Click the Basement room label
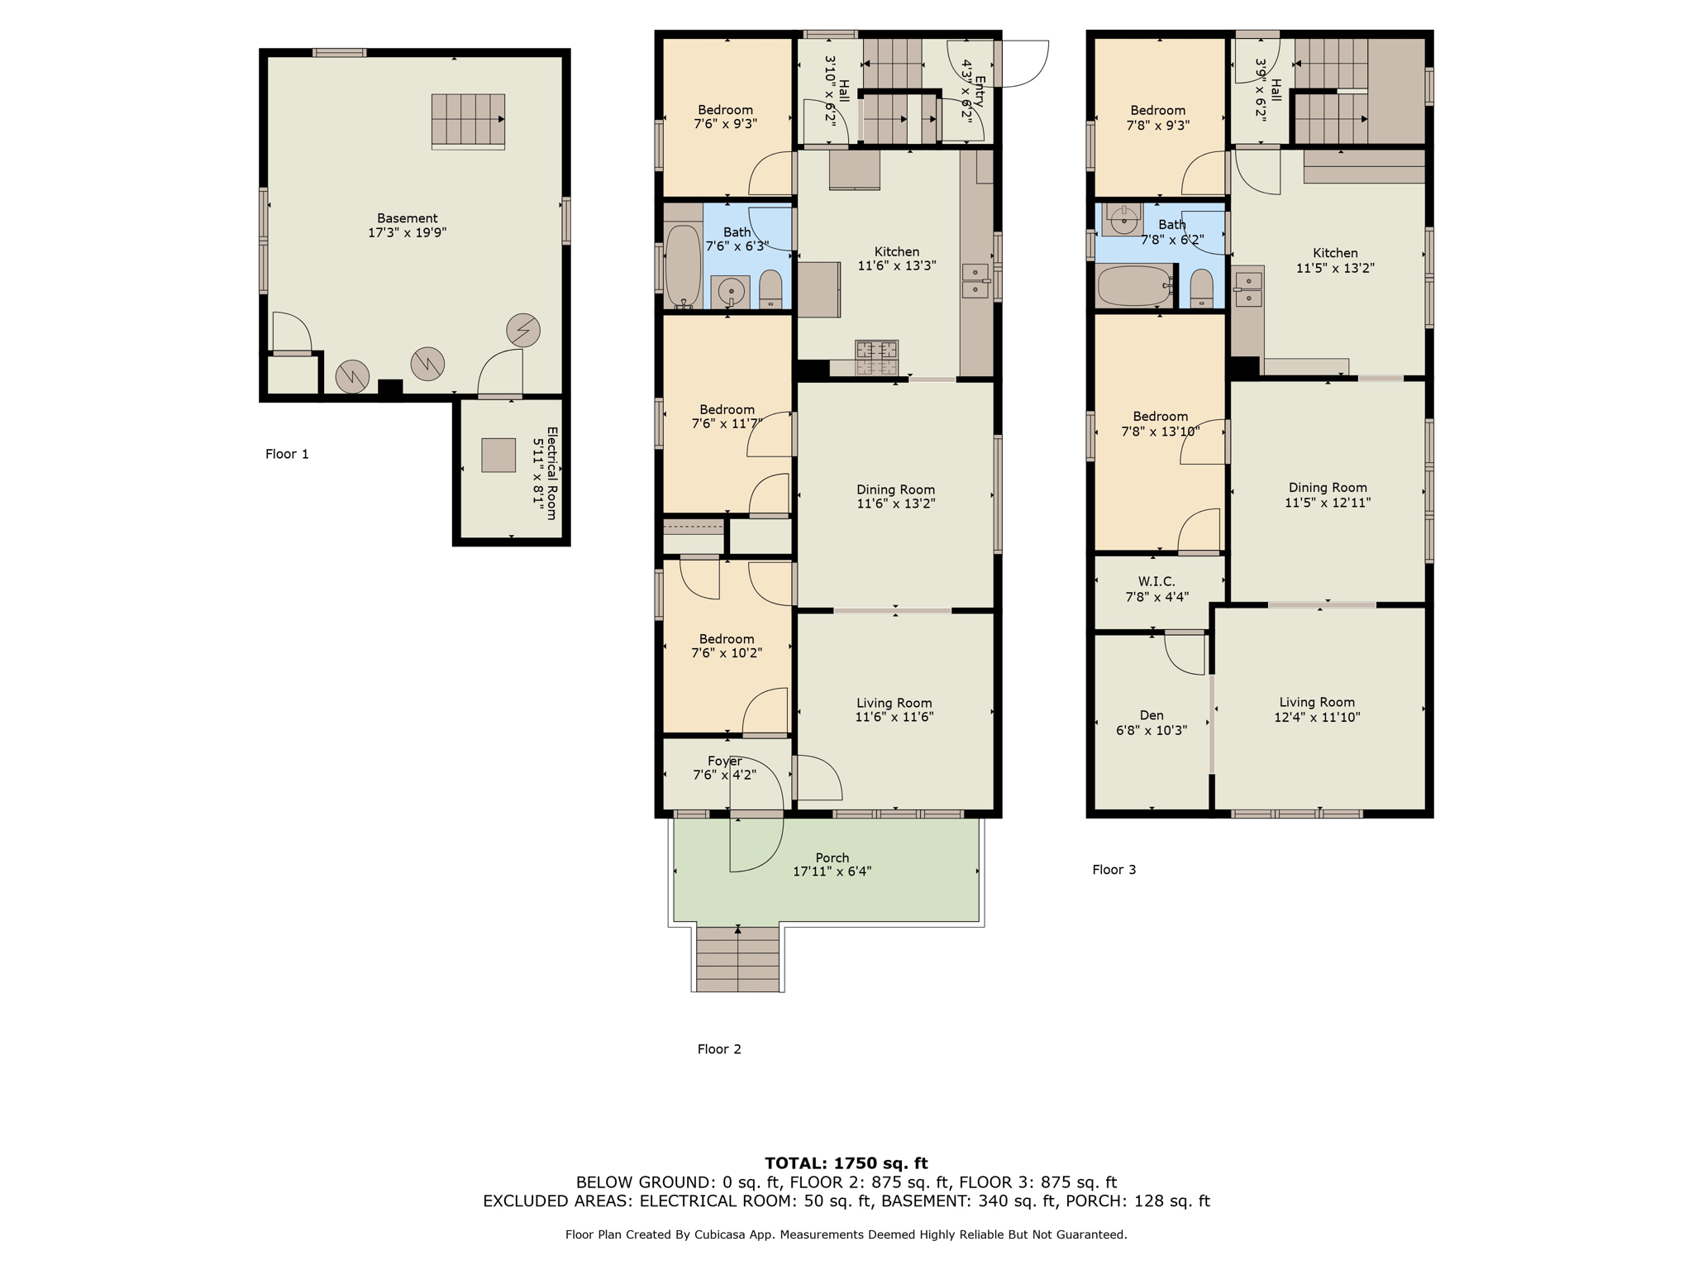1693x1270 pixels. pos(407,218)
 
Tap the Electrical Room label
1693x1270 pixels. pos(551,473)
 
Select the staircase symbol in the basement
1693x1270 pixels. pos(468,122)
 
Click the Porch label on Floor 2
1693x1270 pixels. pos(832,857)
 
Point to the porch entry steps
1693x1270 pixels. pos(737,958)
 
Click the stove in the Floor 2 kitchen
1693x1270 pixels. pos(876,357)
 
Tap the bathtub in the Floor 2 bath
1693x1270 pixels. pos(683,266)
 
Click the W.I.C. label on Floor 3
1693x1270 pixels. pos(1156,581)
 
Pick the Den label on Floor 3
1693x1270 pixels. pos(1152,715)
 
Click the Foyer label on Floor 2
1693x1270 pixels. pos(724,761)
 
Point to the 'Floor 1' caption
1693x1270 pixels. pos(287,454)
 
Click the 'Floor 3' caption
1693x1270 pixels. pos(1114,869)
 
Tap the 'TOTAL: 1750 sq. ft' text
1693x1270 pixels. pos(846,1163)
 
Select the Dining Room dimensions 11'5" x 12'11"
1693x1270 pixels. pos(1328,502)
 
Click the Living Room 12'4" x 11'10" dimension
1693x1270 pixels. pos(1317,717)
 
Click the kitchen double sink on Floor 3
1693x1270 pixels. pos(1247,289)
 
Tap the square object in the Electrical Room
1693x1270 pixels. pos(498,455)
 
